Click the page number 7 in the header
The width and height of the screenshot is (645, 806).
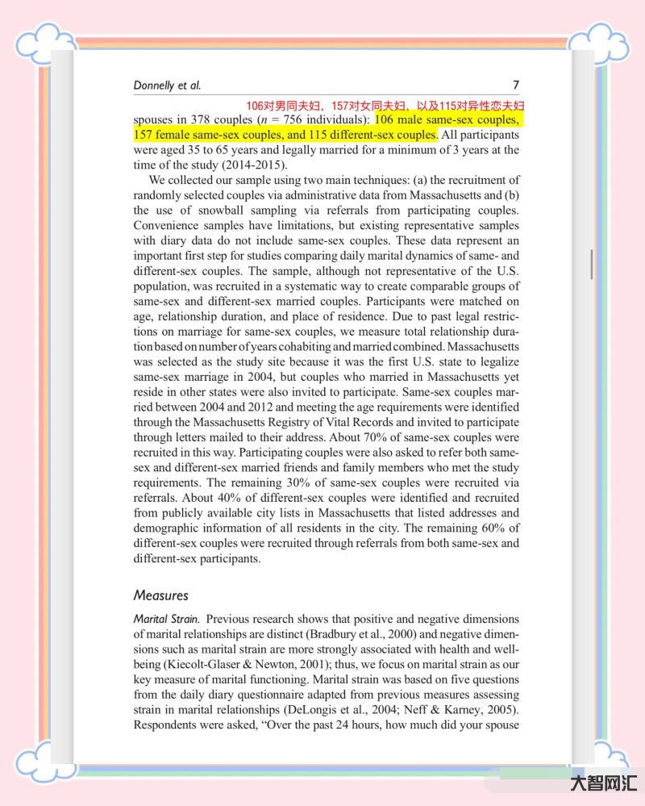(x=515, y=86)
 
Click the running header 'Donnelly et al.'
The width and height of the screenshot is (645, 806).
(x=167, y=86)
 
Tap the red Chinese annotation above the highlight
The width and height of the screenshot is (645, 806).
(x=385, y=106)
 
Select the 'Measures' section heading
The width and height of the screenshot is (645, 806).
(x=160, y=595)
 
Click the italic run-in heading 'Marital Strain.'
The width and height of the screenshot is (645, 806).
(x=167, y=619)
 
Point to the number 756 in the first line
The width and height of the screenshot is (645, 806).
(x=298, y=120)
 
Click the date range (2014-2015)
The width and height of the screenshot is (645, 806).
(x=252, y=165)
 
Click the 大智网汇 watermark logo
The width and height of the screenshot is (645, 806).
(x=604, y=783)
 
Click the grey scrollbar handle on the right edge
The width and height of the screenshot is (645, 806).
(x=593, y=264)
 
